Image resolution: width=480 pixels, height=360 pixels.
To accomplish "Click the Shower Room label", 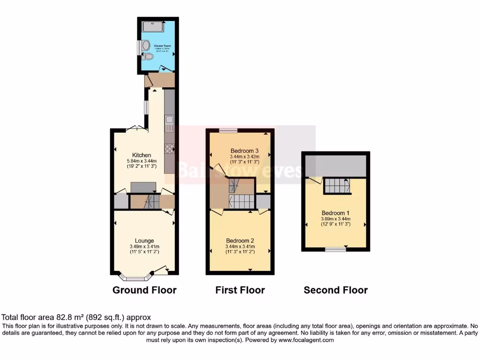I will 162,45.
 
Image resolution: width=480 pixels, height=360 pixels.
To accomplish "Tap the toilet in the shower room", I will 149,57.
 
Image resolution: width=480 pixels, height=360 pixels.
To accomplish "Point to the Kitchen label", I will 142,155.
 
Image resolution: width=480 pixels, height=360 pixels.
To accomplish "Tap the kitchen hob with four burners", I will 170,149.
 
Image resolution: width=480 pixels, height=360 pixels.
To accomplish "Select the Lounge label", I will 145,241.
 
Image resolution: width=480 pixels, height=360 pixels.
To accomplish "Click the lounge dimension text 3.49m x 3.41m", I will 145,247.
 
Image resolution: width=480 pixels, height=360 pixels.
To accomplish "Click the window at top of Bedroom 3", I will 228,130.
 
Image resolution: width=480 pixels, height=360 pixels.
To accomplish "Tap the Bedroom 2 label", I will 240,241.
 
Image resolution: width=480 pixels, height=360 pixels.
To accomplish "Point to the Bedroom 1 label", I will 336,212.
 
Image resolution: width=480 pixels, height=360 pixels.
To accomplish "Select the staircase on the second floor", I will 337,186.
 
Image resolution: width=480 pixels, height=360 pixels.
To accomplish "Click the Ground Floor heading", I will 144,290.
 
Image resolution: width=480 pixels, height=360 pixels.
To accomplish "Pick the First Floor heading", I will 240,290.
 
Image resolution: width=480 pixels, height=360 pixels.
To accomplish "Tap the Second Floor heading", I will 336,290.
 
